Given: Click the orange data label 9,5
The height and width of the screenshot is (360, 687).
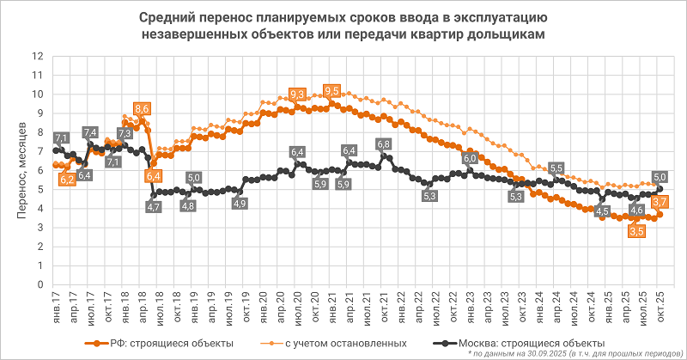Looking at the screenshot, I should point(331,92).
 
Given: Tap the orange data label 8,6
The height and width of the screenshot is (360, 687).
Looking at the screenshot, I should point(143,109).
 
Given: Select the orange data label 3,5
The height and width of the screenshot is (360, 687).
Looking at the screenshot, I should point(636,231).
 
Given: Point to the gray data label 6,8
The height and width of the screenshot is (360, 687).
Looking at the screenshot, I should point(384,144).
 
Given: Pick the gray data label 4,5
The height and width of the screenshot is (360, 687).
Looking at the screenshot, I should point(602,211).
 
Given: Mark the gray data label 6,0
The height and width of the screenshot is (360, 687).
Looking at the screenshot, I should point(470,158).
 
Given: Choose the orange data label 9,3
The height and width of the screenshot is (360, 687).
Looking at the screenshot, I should point(298,95).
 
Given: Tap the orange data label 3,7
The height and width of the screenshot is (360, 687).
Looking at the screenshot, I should point(661,202).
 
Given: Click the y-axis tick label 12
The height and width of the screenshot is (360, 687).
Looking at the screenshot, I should point(37,56).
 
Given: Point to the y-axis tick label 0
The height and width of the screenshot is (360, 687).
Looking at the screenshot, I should point(40,284).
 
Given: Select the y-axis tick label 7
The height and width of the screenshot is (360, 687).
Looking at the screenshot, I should point(40,151).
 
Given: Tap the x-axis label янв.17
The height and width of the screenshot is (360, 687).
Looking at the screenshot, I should point(54,305).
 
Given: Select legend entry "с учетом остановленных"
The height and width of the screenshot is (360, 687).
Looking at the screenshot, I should point(346,344).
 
